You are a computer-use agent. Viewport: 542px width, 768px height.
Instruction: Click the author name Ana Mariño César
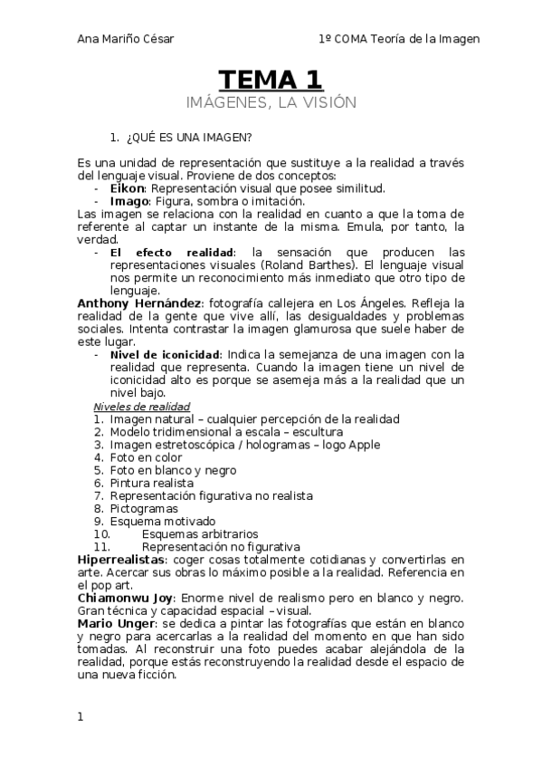pos(126,39)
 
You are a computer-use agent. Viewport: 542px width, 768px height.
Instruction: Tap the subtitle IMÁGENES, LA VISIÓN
pos(271,102)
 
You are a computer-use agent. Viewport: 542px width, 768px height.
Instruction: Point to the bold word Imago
pos(129,201)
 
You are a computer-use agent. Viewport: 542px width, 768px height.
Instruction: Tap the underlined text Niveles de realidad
pos(141,407)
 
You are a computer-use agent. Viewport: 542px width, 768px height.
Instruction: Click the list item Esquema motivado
pos(162,522)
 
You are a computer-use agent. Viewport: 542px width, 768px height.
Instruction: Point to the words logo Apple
pos(350,445)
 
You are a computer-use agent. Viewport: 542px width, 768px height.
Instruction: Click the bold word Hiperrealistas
pos(119,561)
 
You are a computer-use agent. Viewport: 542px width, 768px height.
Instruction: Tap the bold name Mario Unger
pos(115,624)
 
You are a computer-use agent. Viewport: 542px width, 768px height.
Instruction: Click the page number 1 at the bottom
pos(81,716)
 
